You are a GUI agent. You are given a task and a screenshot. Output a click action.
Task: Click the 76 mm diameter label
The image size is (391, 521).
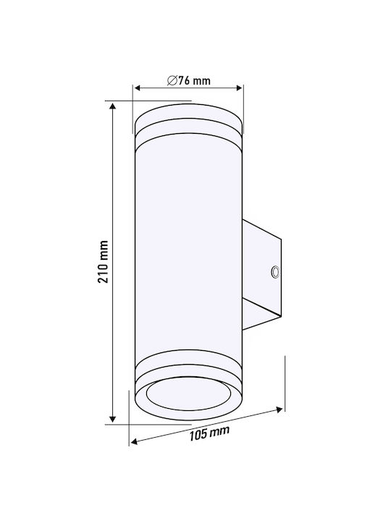189,80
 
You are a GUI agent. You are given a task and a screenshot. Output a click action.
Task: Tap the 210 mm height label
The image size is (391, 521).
104,262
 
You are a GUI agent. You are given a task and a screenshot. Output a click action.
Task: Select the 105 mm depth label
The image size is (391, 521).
209,433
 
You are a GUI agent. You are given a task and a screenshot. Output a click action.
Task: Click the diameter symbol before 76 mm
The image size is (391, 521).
172,80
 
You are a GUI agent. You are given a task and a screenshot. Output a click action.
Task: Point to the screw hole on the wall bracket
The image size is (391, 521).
275,272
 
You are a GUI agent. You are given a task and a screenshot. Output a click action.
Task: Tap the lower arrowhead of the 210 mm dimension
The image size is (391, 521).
113,419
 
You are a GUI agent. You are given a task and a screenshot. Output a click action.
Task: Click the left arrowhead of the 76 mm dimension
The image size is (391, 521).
138,88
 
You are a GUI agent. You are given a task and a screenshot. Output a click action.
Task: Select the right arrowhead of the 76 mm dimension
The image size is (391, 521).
238,88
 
